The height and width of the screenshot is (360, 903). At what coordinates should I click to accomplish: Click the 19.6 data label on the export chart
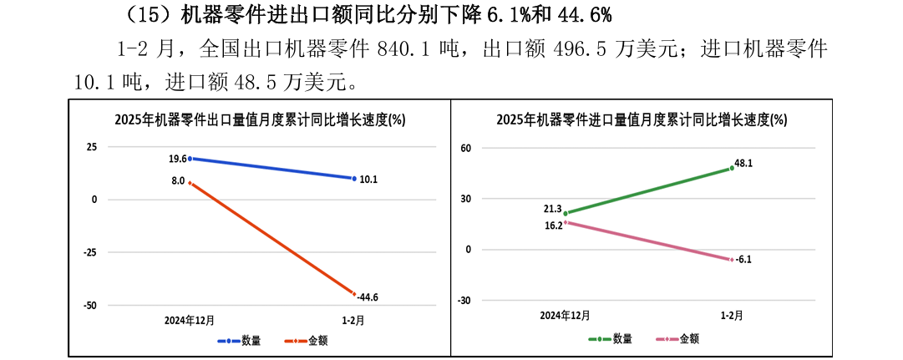tap(177, 159)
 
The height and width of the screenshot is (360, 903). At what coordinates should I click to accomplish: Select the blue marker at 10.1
tap(353, 178)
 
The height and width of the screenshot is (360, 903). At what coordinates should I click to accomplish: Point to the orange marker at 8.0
tap(190, 183)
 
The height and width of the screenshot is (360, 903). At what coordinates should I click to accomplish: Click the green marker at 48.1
tap(732, 168)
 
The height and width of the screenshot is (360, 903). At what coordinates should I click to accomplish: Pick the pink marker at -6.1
tap(732, 260)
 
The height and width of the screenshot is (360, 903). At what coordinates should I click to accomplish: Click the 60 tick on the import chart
tap(468, 148)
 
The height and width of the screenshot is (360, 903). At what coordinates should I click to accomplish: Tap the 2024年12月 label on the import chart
tap(565, 316)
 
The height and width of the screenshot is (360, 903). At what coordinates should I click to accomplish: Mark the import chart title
tap(641, 119)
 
